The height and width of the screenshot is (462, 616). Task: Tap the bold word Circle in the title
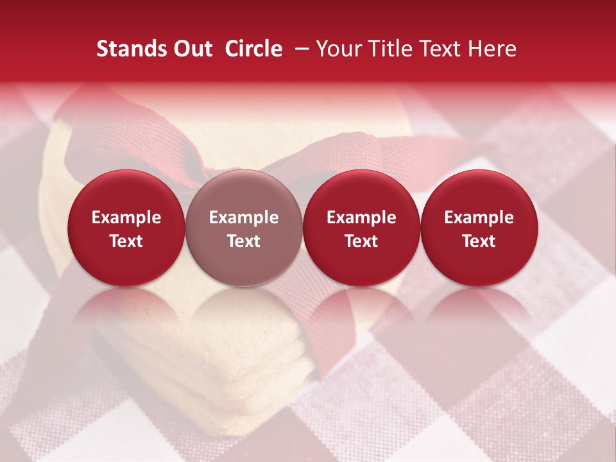[x=253, y=49]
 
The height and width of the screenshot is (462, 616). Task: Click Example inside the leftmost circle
[x=126, y=218]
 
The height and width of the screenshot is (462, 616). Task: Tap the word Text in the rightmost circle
[x=479, y=241]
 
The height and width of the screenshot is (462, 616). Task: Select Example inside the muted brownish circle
[x=244, y=218]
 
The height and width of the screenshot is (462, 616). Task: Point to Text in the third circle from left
[x=361, y=241]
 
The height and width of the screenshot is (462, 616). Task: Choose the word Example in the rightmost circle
[x=479, y=218]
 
